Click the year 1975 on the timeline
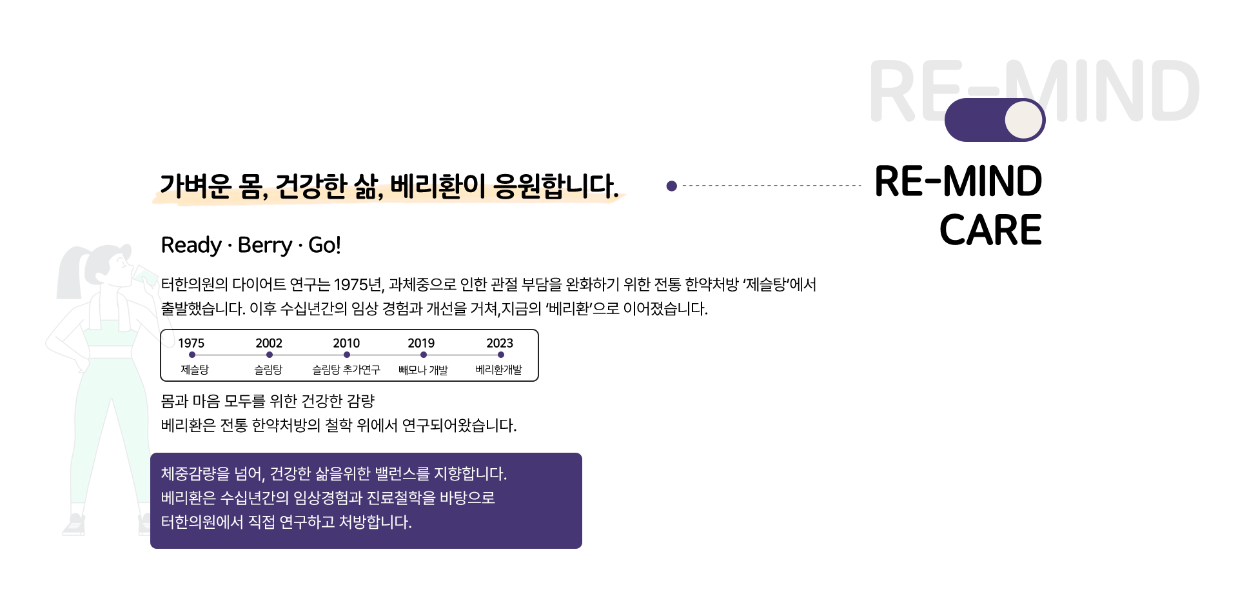192,343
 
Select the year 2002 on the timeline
269,343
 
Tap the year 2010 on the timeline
346,343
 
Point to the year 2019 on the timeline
421,343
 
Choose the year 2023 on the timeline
500,343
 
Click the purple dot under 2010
347,355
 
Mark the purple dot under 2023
501,355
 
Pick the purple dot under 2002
270,355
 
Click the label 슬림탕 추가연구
346,370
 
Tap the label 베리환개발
498,370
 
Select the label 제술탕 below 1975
194,370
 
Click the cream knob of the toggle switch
1023,120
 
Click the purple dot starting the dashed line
672,186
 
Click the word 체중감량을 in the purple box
195,474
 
